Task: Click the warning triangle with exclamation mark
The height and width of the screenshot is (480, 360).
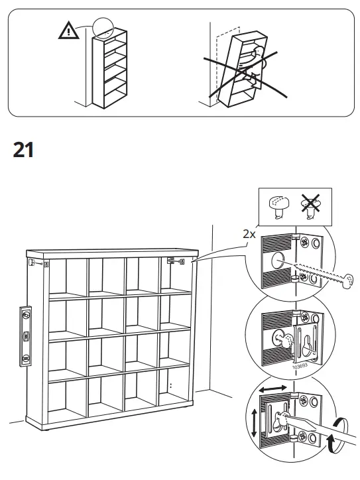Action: (67, 30)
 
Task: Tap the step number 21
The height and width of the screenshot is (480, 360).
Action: (23, 150)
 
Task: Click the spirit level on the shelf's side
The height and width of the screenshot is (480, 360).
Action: (26, 335)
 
